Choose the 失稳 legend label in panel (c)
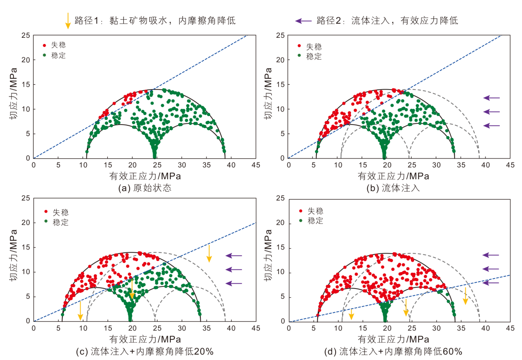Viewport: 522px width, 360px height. coord(60,212)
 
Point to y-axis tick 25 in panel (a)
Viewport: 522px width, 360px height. coord(26,36)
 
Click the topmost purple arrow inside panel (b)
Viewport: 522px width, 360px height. coord(492,98)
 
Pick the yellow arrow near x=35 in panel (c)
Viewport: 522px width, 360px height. coord(209,254)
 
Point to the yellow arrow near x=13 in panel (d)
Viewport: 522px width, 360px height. coord(351,314)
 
